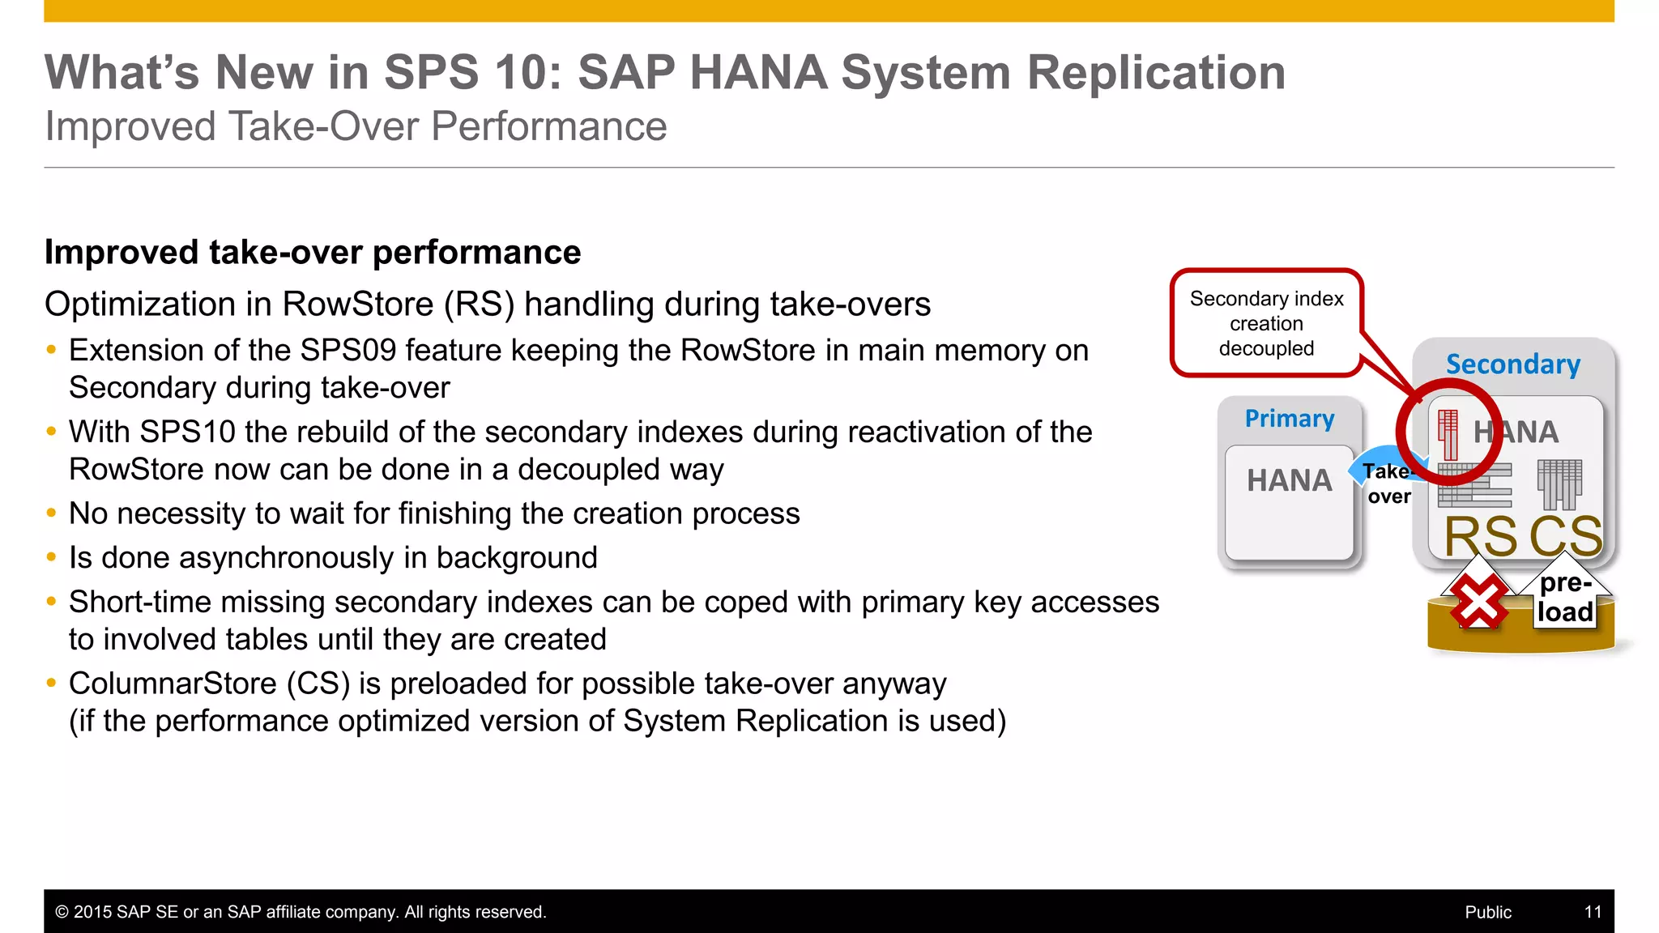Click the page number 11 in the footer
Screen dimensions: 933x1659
pyautogui.click(x=1593, y=912)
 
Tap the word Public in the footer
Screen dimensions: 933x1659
pyautogui.click(x=1488, y=912)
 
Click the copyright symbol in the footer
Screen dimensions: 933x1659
pyautogui.click(x=62, y=912)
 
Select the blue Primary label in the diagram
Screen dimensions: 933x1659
pyautogui.click(x=1290, y=419)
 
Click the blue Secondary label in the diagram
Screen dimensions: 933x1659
pyautogui.click(x=1513, y=364)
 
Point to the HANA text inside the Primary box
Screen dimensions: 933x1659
pyautogui.click(x=1290, y=480)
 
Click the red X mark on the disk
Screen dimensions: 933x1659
pyautogui.click(x=1478, y=603)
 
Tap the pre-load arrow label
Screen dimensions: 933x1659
pyautogui.click(x=1565, y=598)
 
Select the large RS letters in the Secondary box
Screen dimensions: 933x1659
pyautogui.click(x=1481, y=536)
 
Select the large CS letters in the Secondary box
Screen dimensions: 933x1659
pyautogui.click(x=1566, y=536)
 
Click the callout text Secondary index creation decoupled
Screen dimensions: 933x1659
pyautogui.click(x=1266, y=323)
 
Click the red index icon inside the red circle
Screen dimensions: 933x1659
pyautogui.click(x=1448, y=433)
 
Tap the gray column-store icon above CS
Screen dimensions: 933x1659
pyautogui.click(x=1559, y=484)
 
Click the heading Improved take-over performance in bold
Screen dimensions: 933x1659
pyautogui.click(x=313, y=252)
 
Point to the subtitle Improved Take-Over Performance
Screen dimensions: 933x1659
pyautogui.click(x=356, y=126)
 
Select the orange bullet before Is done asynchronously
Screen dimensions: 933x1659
pyautogui.click(x=52, y=557)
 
